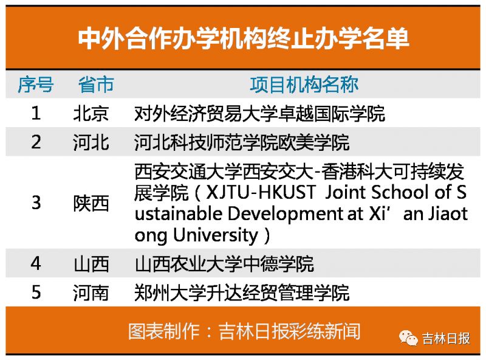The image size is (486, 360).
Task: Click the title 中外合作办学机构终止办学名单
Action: coord(244,39)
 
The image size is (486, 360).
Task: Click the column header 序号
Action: coord(36,85)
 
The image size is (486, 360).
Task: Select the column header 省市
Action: coord(96,85)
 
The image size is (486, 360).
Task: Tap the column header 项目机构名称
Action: coord(304,85)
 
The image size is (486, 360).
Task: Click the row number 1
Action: coord(36,113)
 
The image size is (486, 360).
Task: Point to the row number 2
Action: coord(36,142)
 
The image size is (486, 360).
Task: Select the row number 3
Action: coord(36,202)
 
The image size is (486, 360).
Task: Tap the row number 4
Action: coord(36,263)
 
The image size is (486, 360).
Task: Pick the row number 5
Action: coord(36,292)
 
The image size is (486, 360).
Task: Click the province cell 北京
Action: coord(91,113)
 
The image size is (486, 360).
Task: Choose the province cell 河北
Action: coord(91,142)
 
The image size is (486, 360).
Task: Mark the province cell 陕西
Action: coord(91,203)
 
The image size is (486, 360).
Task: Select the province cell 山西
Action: coord(91,264)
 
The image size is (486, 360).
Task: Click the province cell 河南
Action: coord(91,293)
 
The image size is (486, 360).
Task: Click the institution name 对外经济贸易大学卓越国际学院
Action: coord(260,114)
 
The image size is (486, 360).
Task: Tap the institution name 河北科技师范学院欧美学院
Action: coord(242,142)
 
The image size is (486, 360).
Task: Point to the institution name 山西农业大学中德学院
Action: coord(224,264)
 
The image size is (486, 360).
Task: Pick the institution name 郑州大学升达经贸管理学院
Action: coord(242,293)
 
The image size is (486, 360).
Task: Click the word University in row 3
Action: coord(216,235)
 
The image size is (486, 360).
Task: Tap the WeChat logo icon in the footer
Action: coord(408,337)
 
